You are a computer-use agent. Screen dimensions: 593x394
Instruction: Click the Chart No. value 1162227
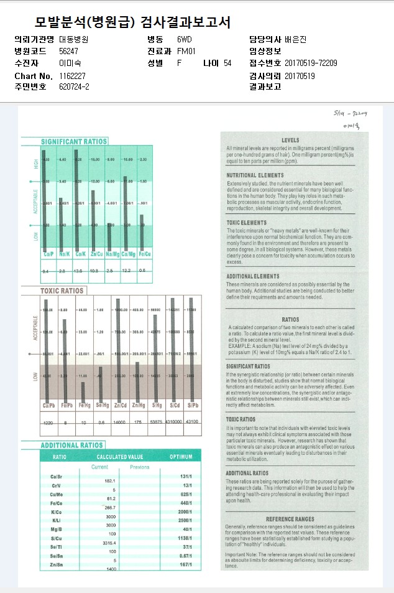pos(73,75)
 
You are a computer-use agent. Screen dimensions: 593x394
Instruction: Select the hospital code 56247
pos(68,51)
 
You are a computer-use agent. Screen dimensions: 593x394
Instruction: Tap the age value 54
pos(227,63)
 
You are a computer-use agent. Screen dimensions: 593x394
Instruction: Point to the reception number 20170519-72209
pos(311,63)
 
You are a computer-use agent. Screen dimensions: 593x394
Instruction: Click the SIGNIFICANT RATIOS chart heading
pos(74,142)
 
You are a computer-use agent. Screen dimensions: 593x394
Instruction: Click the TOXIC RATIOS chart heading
pos(62,291)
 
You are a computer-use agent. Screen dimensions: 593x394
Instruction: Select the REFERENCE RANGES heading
pos(290,519)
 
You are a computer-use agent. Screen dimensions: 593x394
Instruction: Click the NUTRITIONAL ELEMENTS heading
pos(255,175)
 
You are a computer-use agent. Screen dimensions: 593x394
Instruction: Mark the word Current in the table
pos(99,467)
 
